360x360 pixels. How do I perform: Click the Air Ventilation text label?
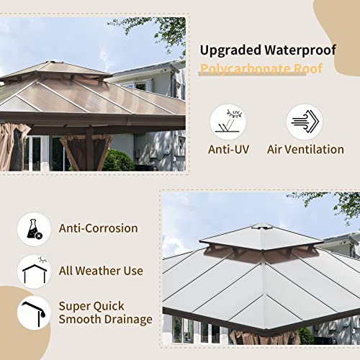coord(305,150)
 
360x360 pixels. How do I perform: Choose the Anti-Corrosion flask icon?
coord(34,229)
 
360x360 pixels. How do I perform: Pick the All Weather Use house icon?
coord(34,271)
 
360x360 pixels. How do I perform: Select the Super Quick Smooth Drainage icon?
coord(34,313)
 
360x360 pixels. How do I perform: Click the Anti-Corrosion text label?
coord(98,228)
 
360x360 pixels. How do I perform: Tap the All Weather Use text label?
coord(102,271)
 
